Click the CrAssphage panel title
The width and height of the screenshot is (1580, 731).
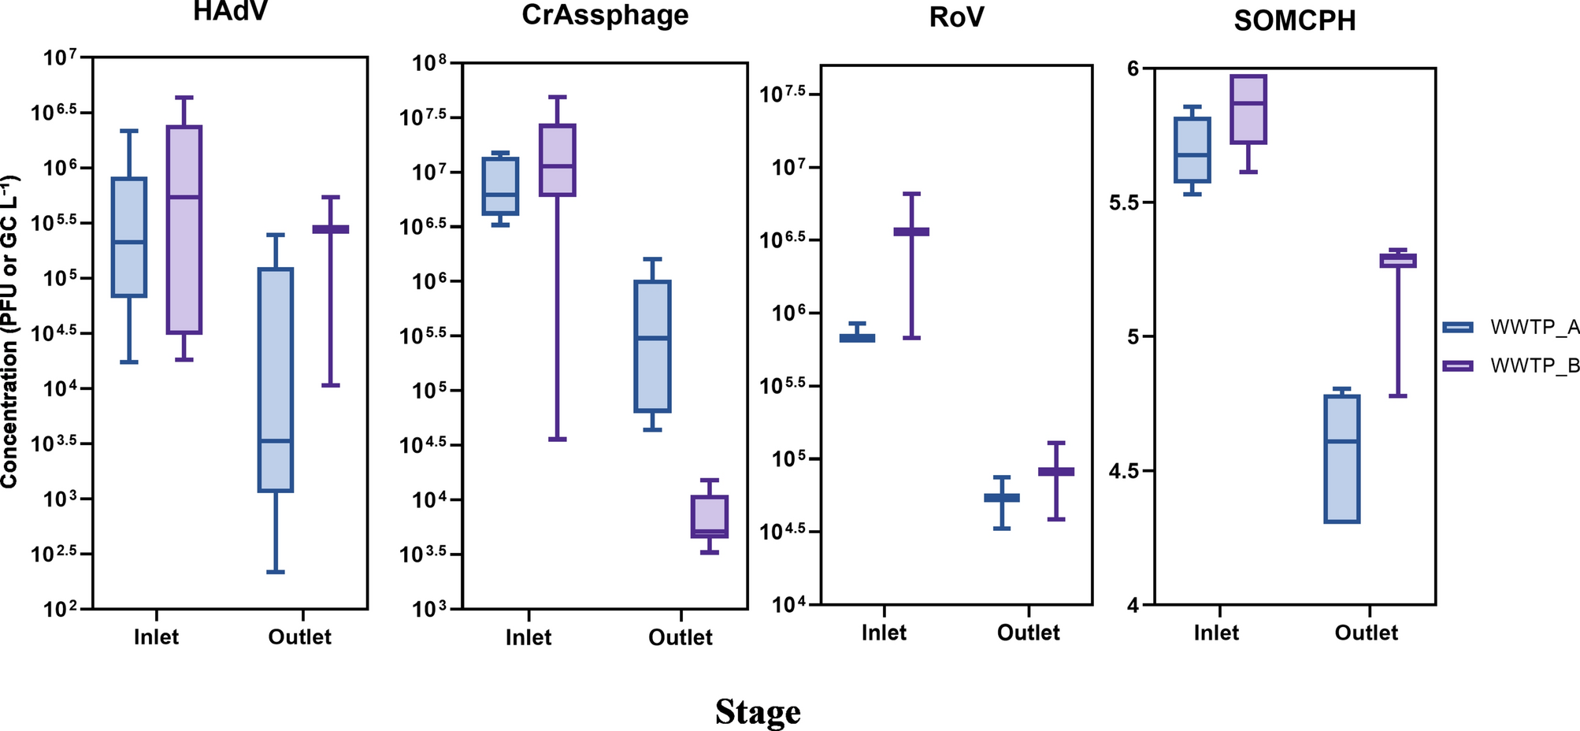point(605,15)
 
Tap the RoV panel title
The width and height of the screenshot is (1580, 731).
point(955,17)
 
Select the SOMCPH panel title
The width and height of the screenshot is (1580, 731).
point(1294,20)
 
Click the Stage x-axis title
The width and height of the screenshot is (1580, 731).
point(758,712)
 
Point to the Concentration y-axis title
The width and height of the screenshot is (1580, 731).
point(9,331)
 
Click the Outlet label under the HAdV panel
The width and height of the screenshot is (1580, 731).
point(299,637)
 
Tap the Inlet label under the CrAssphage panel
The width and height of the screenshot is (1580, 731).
point(528,637)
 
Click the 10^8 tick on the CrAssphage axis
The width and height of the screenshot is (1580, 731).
point(429,64)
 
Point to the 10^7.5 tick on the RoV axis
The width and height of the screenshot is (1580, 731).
point(783,95)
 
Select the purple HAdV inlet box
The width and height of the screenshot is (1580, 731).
point(184,228)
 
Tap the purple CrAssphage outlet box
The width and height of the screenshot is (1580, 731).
point(709,516)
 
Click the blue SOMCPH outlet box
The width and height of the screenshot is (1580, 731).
point(1341,458)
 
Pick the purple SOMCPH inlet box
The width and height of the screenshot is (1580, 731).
point(1248,110)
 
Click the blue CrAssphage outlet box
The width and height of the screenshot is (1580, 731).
point(652,347)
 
